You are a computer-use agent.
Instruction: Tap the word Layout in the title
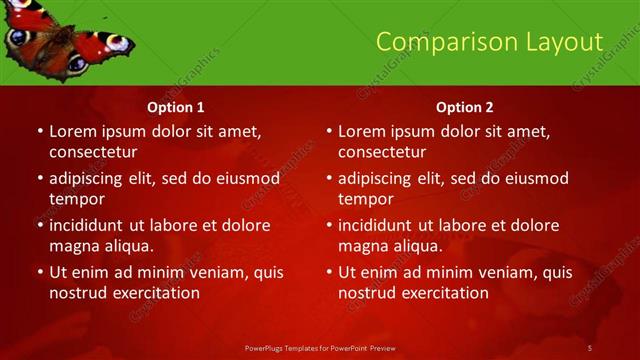pyautogui.click(x=561, y=41)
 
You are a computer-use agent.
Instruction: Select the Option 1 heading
pyautogui.click(x=176, y=107)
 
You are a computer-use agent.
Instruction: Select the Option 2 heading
pyautogui.click(x=465, y=107)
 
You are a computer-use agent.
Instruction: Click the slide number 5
pyautogui.click(x=590, y=347)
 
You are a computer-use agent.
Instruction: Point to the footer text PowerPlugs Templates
pyautogui.click(x=291, y=347)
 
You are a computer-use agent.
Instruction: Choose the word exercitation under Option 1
pyautogui.click(x=154, y=293)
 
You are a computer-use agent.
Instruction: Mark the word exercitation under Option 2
pyautogui.click(x=443, y=293)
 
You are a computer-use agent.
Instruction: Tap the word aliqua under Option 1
pyautogui.click(x=125, y=246)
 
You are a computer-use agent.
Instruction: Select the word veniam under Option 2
pyautogui.click(x=490, y=272)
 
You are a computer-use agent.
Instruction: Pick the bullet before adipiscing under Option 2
pyautogui.click(x=329, y=178)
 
